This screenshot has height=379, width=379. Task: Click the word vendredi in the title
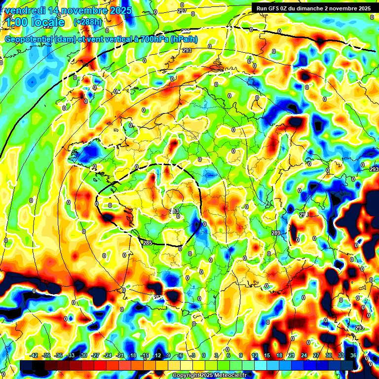coord(25,10)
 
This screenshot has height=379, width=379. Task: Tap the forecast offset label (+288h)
coord(88,22)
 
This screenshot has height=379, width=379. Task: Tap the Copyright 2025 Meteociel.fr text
coord(209,376)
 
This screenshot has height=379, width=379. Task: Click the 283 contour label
coord(174,211)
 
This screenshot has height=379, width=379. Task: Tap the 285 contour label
coord(148,243)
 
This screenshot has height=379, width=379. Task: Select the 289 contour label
coord(275,233)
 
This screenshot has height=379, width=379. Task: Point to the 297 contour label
coord(182,11)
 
